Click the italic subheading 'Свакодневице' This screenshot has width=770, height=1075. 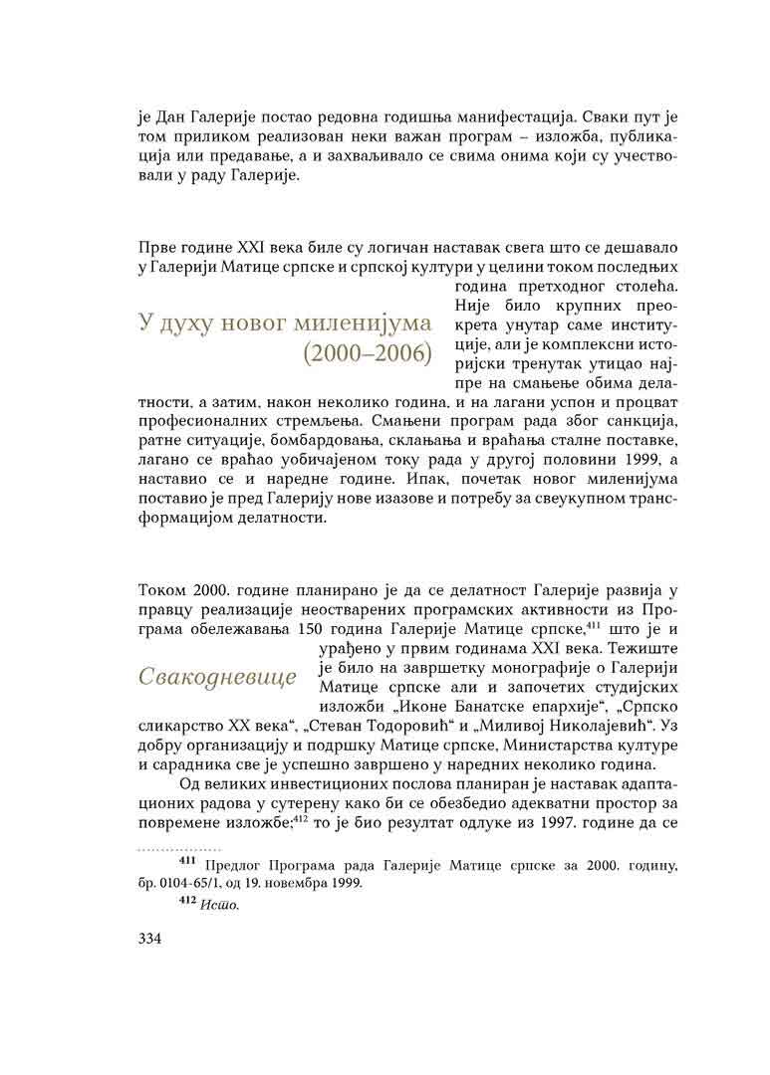[x=218, y=679]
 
